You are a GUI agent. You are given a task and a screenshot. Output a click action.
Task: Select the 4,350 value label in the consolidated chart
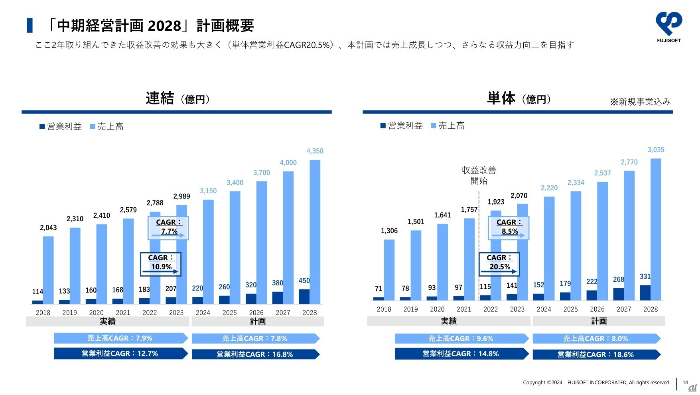pyautogui.click(x=315, y=151)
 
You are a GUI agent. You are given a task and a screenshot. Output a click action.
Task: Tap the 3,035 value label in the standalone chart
pyautogui.click(x=656, y=150)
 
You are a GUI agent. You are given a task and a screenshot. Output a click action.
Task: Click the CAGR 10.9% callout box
pyautogui.click(x=160, y=264)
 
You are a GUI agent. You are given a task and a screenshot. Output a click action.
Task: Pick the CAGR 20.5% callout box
pyautogui.click(x=499, y=264)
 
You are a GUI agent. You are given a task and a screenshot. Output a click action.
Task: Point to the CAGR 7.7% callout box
pyautogui.click(x=168, y=228)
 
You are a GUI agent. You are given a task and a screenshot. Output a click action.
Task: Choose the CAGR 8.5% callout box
pyautogui.click(x=509, y=228)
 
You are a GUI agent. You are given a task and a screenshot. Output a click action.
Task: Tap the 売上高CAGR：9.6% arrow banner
pyautogui.click(x=461, y=339)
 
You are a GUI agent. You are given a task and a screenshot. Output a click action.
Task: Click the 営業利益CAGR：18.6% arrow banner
pyautogui.click(x=596, y=354)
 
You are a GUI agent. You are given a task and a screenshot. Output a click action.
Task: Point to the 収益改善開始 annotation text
pyautogui.click(x=479, y=175)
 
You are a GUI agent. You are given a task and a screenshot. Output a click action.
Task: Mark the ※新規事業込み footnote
pyautogui.click(x=640, y=102)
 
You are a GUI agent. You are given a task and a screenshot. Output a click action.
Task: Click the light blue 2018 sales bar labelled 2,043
pyautogui.click(x=48, y=270)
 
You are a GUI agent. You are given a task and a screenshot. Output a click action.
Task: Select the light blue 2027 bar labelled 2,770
pyautogui.click(x=629, y=235)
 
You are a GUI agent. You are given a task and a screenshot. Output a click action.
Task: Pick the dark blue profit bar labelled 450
pyautogui.click(x=304, y=297)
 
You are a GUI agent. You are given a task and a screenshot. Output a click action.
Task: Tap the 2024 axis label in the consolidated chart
pyautogui.click(x=203, y=312)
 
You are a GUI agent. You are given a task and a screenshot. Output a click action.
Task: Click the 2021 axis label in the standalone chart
pyautogui.click(x=463, y=309)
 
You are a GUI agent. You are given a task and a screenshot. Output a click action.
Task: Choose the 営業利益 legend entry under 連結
pyautogui.click(x=61, y=127)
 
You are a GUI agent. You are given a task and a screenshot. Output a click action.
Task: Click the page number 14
pyautogui.click(x=685, y=382)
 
